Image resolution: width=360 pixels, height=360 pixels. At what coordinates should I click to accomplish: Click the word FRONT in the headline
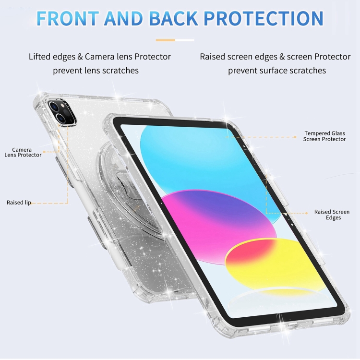(x=68, y=18)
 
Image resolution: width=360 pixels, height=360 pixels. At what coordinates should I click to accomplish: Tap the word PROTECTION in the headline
(x=264, y=18)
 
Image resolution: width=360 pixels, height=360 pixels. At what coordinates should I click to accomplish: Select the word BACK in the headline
(x=173, y=18)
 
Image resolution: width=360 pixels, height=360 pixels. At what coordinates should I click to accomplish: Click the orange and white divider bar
(x=175, y=40)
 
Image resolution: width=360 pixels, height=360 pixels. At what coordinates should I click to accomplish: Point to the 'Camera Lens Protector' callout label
(x=23, y=153)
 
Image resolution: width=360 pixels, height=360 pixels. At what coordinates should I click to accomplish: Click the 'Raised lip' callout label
(x=19, y=203)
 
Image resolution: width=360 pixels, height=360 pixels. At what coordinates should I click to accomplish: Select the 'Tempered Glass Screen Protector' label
(x=324, y=136)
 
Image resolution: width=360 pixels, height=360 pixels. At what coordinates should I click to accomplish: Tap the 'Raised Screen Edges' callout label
(x=332, y=215)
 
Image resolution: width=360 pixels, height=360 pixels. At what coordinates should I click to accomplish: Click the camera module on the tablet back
(x=62, y=112)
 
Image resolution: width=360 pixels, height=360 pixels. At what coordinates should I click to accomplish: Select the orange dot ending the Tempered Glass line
(x=295, y=137)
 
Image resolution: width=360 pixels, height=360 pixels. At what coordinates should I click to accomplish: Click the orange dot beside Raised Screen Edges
(x=307, y=213)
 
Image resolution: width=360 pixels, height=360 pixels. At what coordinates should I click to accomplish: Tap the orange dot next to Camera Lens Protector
(x=44, y=152)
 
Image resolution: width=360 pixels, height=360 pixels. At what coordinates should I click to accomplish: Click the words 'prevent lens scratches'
(x=96, y=71)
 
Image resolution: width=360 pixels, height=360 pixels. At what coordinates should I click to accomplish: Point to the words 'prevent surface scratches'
(x=277, y=71)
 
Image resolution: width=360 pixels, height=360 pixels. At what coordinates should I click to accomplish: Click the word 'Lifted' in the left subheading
(x=39, y=57)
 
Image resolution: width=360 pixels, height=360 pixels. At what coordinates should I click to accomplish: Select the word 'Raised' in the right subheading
(x=212, y=57)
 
